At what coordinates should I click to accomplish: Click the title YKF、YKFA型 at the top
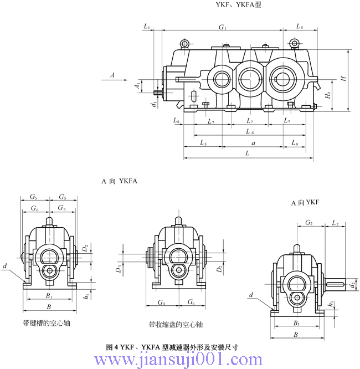coord(238,4)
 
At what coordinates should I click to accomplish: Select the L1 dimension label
coord(147,26)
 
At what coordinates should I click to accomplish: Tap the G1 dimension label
coord(223,26)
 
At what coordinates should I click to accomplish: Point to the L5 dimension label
coord(300,26)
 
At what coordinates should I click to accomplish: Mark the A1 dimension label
coord(138,85)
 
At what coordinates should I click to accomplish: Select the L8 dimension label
coord(176,120)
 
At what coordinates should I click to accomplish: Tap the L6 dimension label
coord(249,131)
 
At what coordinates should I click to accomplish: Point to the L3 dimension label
coord(203,143)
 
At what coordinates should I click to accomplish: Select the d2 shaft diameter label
coord(353,285)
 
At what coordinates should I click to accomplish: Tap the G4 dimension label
coord(162,303)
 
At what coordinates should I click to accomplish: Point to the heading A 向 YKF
coord(306,203)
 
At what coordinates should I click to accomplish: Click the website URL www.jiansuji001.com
coord(180,360)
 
